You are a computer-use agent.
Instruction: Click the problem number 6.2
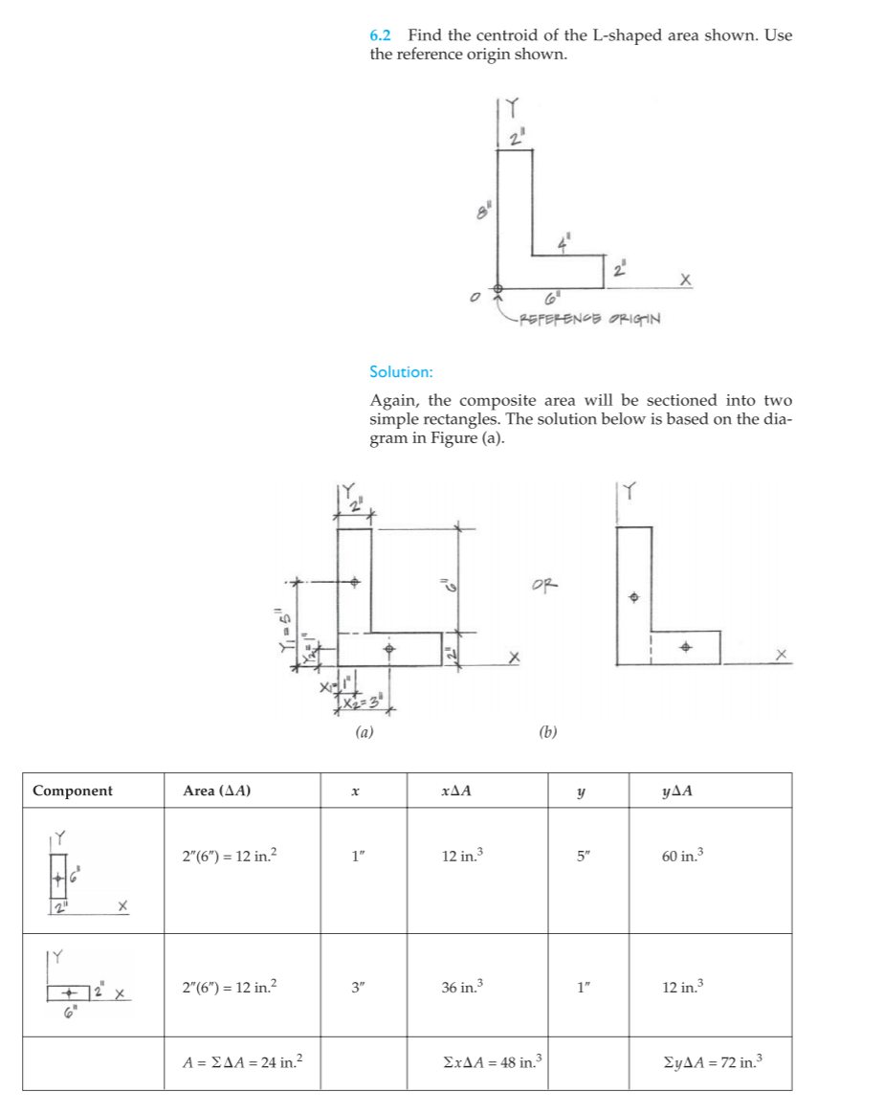click(380, 36)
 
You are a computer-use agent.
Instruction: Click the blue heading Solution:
click(401, 371)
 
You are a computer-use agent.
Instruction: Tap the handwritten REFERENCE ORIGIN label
click(590, 319)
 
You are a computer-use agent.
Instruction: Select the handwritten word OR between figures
click(542, 584)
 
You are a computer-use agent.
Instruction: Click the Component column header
click(73, 791)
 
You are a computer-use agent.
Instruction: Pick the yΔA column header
click(676, 791)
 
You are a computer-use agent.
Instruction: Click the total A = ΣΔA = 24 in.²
click(242, 1062)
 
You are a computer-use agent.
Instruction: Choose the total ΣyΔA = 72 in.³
click(715, 1062)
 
